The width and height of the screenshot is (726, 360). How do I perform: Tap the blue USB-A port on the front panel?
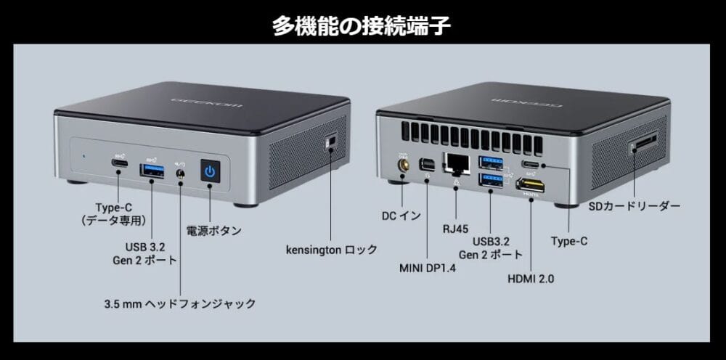point(152,170)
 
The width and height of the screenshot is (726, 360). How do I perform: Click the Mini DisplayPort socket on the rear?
point(428,165)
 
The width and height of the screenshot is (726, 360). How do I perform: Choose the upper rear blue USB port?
point(491,161)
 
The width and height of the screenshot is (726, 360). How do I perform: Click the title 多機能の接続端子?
point(362,25)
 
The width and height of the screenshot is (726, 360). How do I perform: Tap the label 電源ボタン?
point(213,231)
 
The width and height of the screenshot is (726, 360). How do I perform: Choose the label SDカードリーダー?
point(634,207)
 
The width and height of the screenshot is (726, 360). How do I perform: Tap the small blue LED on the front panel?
point(85,155)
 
